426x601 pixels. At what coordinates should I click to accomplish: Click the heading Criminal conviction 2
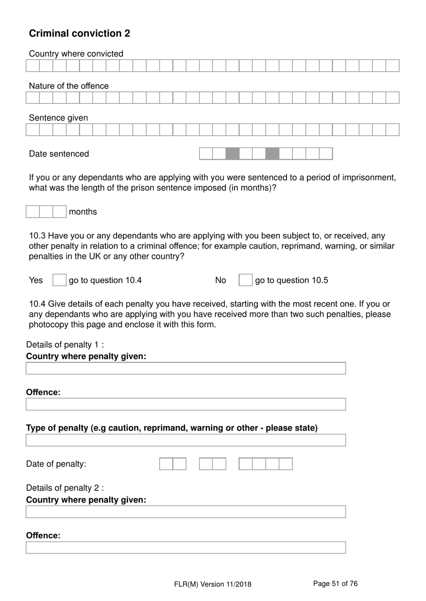coord(79,34)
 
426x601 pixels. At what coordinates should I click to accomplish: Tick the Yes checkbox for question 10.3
coord(59,280)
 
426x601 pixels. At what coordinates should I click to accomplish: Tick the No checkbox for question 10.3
coord(245,280)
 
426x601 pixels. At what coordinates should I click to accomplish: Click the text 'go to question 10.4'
coord(105,280)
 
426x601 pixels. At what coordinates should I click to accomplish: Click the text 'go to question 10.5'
coord(291,280)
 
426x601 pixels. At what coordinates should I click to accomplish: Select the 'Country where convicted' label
coord(76,54)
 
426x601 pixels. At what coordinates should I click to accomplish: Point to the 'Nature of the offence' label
coord(69,86)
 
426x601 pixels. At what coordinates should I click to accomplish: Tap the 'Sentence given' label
coord(58,118)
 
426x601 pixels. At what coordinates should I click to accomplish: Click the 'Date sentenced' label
coord(59,154)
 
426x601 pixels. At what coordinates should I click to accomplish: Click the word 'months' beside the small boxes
coord(83,212)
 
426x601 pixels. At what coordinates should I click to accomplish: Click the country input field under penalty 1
coord(186,369)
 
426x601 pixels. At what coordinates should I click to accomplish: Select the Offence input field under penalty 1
coord(186,404)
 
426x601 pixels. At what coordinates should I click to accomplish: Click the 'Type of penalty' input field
coord(186,440)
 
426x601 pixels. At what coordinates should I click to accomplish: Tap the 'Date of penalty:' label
coord(56,464)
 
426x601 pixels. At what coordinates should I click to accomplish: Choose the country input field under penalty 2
coord(186,512)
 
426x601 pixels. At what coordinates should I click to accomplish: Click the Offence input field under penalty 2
coord(186,548)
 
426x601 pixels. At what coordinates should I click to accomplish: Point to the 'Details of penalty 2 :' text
coord(65,488)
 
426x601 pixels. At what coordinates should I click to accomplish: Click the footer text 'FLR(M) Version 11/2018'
coord(213,584)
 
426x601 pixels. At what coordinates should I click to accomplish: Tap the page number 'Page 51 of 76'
coord(335,584)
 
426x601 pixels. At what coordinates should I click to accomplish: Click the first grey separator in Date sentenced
coord(232,154)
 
